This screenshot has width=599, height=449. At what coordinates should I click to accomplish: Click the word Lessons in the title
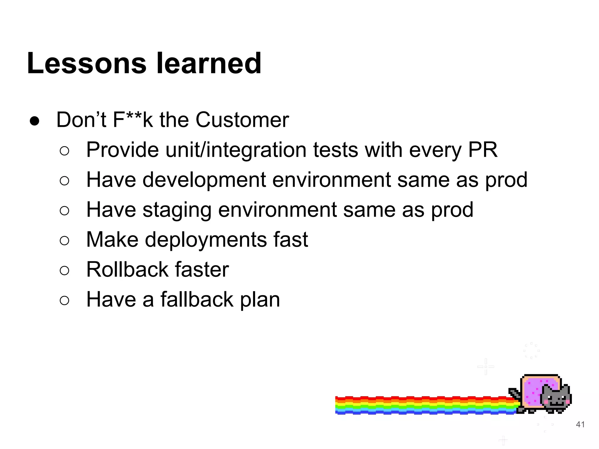click(87, 63)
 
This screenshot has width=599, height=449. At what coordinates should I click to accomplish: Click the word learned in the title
click(209, 63)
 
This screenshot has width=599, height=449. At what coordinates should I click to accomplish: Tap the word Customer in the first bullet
click(242, 120)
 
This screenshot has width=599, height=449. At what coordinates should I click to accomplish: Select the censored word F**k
click(133, 120)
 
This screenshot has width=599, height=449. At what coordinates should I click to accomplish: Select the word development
click(204, 180)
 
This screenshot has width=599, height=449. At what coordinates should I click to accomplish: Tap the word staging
click(177, 210)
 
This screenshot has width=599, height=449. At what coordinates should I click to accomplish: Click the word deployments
click(206, 240)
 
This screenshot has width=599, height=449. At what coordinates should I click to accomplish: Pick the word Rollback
click(127, 270)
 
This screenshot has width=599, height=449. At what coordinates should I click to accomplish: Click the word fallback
click(197, 300)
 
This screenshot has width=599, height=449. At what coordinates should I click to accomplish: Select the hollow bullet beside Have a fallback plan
click(64, 301)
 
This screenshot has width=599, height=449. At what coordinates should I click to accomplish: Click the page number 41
click(580, 424)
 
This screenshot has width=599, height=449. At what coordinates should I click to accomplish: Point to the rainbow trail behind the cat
click(424, 405)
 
